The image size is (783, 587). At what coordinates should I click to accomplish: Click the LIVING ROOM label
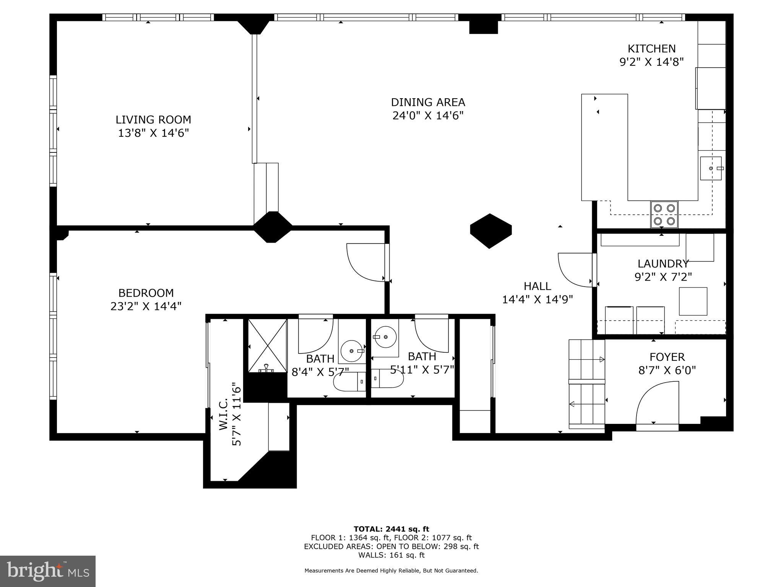click(153, 120)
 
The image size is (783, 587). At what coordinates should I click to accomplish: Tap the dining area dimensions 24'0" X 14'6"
click(428, 115)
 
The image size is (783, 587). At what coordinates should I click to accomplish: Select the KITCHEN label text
click(651, 49)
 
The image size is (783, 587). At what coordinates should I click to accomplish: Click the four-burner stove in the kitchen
click(664, 214)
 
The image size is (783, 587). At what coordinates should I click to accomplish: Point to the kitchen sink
click(711, 168)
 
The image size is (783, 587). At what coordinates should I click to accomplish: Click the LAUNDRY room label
click(663, 264)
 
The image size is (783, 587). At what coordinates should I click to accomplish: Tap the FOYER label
click(667, 357)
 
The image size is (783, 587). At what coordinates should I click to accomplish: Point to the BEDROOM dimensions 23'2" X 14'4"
click(146, 306)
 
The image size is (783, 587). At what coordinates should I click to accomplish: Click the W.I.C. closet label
click(224, 415)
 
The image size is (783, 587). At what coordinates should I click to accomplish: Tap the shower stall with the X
click(267, 345)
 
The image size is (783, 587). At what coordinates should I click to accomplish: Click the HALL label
click(537, 286)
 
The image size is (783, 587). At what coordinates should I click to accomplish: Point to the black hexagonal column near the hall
click(491, 231)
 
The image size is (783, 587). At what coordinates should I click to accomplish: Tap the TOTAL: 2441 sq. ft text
click(391, 529)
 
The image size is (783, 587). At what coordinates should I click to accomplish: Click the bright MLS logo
click(48, 571)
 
